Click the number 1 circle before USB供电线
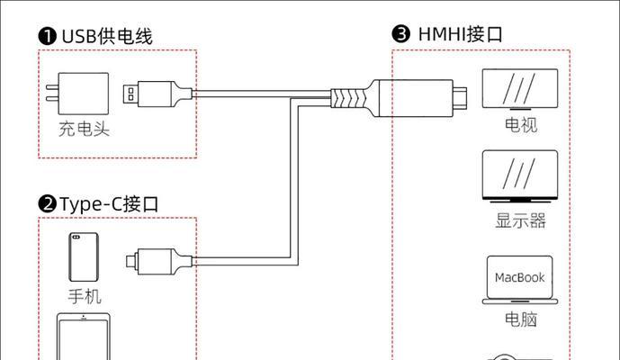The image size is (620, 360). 47,36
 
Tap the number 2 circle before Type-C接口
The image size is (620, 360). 47,203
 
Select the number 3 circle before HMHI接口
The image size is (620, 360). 401,34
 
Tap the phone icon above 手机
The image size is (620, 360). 84,257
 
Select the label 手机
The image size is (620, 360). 85,296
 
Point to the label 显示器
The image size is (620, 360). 520,220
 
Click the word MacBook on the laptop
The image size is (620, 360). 520,277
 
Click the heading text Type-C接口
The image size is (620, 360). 110,203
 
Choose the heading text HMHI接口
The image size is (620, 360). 460,34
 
